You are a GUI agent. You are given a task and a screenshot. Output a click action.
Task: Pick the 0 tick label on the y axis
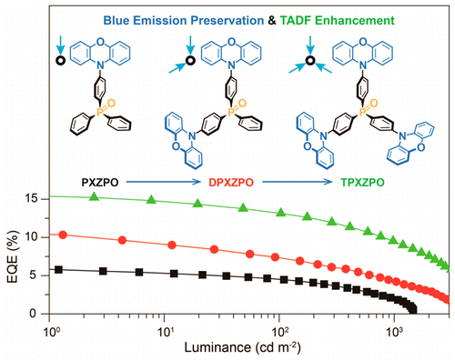36,314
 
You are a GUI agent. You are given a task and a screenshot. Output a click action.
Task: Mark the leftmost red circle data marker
62,235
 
